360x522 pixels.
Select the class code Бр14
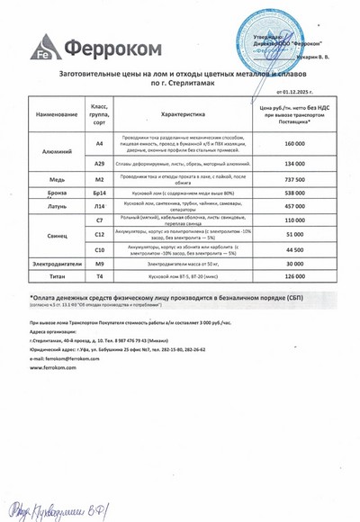tap(100, 193)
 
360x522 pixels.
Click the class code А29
tap(100, 165)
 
